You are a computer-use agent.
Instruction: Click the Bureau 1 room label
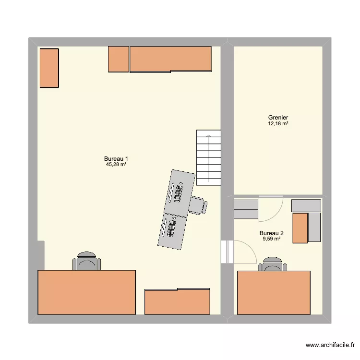pos(116,159)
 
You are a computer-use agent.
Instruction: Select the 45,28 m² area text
pos(116,165)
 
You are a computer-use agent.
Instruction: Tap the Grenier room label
pos(278,118)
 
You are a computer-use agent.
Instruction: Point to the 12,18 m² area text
pos(278,123)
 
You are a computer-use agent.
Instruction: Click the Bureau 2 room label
pos(271,233)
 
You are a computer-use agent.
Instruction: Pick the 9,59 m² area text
pos(271,239)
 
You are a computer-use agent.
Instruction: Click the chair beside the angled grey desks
pos(198,205)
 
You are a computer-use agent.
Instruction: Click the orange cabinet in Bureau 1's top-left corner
pos(49,68)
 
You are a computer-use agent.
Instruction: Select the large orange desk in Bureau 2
pos(274,292)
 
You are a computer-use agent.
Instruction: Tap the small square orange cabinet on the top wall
pos(119,59)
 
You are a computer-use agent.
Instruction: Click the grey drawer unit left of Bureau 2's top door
pos(246,209)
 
